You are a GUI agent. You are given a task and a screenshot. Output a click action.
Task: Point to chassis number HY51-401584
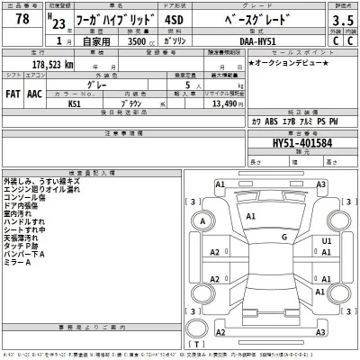point(301,142)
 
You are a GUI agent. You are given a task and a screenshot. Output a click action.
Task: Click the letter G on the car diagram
point(283,238)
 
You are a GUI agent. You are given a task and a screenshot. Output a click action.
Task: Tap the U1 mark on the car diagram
point(327,241)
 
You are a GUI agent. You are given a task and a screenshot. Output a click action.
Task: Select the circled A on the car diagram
point(205,221)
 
